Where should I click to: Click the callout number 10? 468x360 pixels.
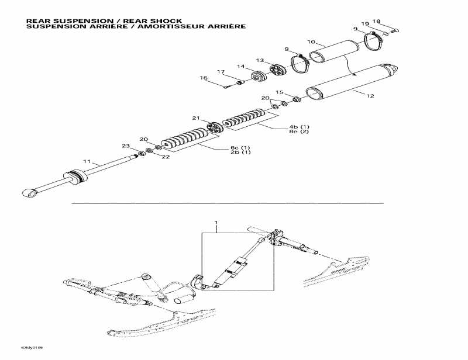[x=312, y=42]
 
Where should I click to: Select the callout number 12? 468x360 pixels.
[x=370, y=95]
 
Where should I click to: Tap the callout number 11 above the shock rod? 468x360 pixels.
[x=87, y=161]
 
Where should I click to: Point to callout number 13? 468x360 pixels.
[x=260, y=60]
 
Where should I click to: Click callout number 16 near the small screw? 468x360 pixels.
[x=204, y=78]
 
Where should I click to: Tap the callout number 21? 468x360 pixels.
[x=196, y=118]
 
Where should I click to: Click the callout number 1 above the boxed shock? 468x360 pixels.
[x=216, y=223]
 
